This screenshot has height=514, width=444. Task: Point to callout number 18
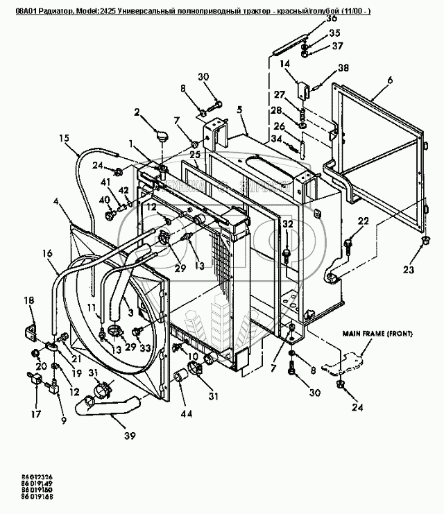(28, 300)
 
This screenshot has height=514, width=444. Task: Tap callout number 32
(287, 223)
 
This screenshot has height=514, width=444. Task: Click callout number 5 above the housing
(239, 110)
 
